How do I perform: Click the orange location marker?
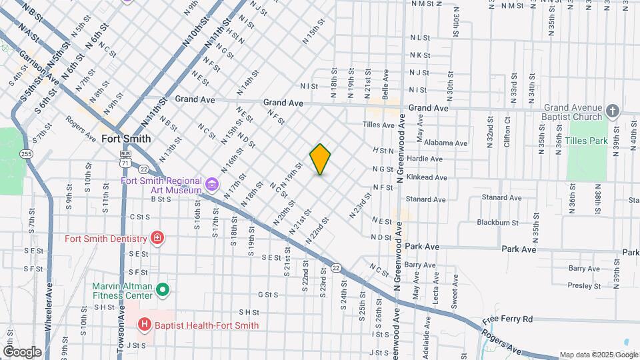click(321, 159)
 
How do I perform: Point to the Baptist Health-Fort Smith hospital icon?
click(144, 325)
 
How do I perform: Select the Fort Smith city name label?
click(126, 139)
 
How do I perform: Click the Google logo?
click(22, 351)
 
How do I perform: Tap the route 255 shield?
click(26, 154)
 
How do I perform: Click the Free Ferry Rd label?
click(509, 319)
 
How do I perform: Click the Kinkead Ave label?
click(428, 177)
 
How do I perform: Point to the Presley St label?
click(585, 286)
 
